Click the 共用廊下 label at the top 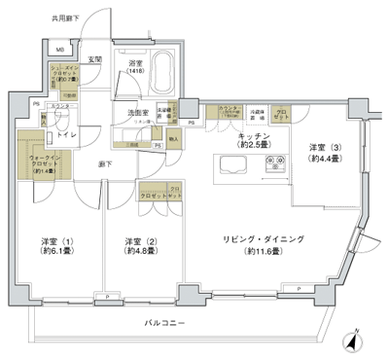coord(38,19)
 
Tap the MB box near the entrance coord(59,51)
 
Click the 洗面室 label coord(135,113)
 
